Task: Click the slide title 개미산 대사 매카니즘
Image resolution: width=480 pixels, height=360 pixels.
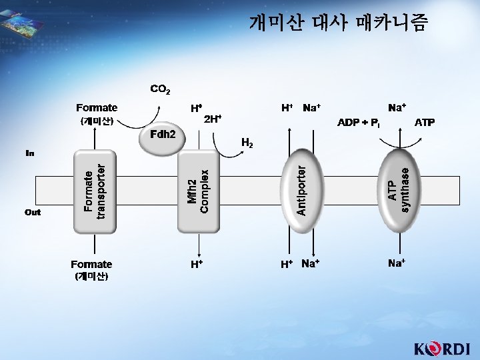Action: click(339, 24)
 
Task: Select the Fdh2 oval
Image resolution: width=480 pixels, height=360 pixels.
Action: click(162, 138)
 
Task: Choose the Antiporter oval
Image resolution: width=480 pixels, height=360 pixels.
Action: click(301, 187)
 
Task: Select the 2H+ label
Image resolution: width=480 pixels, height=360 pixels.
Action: click(213, 119)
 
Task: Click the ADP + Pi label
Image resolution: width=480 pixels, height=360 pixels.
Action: click(359, 123)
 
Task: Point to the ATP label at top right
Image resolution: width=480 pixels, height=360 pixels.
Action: click(425, 123)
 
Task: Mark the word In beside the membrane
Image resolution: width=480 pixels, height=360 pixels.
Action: click(30, 153)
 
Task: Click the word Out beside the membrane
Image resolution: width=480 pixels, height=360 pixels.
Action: click(32, 213)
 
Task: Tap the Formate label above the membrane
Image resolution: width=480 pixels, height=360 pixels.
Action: click(97, 107)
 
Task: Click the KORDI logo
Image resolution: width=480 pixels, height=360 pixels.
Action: click(442, 349)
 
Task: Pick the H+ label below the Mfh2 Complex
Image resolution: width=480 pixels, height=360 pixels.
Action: click(197, 264)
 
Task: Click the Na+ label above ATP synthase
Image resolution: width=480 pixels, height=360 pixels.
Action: click(398, 107)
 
